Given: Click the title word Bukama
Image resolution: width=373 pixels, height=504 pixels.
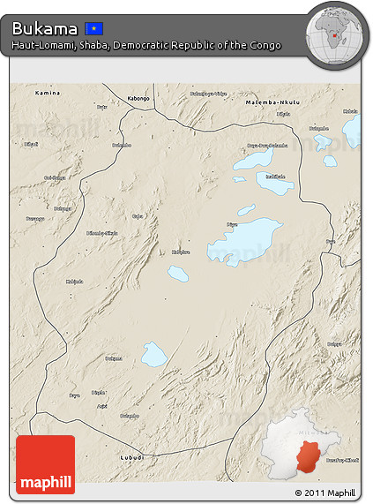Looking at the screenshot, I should tap(44, 28).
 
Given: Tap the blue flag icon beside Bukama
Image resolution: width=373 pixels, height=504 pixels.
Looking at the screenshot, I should tap(93, 29).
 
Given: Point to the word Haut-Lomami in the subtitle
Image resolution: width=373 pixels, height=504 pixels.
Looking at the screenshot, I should tap(41, 45).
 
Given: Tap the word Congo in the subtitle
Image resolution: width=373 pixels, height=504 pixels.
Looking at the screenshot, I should tap(264, 45).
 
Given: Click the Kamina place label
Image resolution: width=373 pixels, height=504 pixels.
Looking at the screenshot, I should tap(48, 93).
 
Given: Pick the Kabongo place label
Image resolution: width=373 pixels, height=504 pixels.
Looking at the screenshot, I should tap(138, 98).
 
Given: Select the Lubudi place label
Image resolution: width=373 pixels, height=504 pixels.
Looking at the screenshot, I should tap(132, 457).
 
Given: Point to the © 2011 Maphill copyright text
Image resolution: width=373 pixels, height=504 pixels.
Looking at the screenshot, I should tap(325, 493).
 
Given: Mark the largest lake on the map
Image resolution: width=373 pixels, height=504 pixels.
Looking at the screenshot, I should tap(246, 240).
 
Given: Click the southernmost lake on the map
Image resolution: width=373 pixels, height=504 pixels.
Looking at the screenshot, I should tap(154, 354).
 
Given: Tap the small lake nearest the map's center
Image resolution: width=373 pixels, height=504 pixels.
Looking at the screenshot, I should tap(178, 274).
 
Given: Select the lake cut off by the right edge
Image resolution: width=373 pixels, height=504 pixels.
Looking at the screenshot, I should tap(353, 130).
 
